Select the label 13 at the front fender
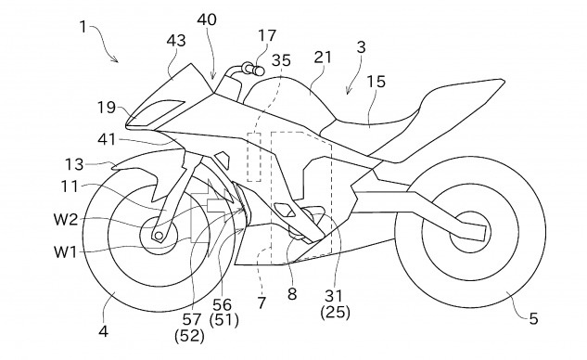click(74, 164)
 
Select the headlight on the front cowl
click(147, 114)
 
